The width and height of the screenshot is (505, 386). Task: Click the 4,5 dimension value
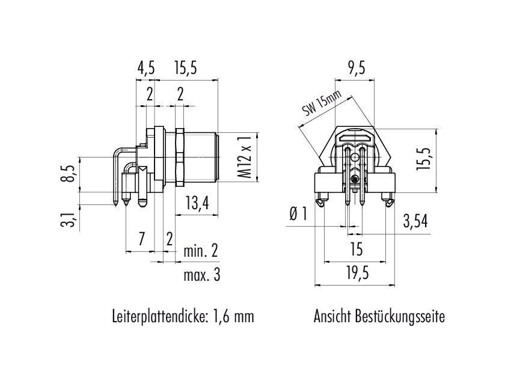146,69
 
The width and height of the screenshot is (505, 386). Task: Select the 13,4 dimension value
197,203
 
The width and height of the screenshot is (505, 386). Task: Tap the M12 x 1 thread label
245,157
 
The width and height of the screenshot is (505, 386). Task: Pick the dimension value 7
141,239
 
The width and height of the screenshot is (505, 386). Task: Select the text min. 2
201,251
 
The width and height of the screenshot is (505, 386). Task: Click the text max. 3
202,275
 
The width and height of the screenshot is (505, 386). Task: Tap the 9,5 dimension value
356,69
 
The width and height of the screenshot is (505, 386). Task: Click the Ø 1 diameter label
299,213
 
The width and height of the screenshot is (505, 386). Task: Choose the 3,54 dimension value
415,221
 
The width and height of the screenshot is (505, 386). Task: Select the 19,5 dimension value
358,274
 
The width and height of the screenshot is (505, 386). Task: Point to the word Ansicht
332,316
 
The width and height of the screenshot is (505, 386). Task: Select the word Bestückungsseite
400,316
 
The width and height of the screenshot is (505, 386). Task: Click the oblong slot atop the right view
355,138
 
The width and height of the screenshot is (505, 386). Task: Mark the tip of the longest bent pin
115,204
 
